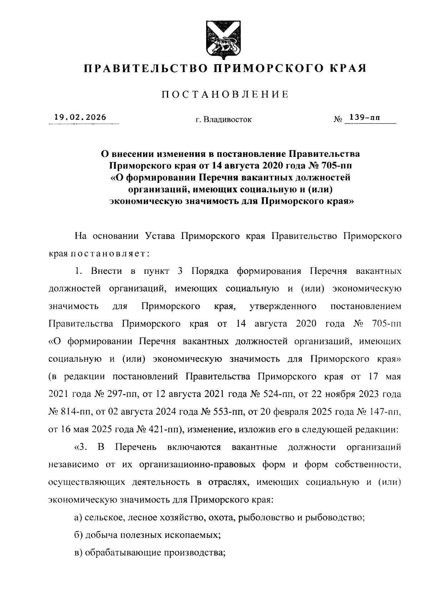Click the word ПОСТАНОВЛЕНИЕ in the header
point(225,95)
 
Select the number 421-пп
point(165,430)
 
